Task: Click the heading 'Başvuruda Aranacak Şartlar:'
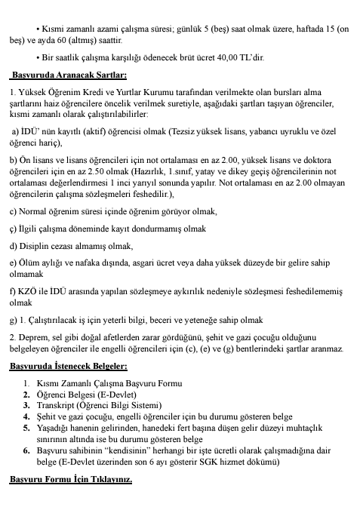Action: pyautogui.click(x=68, y=75)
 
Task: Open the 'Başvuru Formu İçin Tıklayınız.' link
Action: pyautogui.click(x=70, y=500)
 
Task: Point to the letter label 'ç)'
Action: pyautogui.click(x=14, y=229)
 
